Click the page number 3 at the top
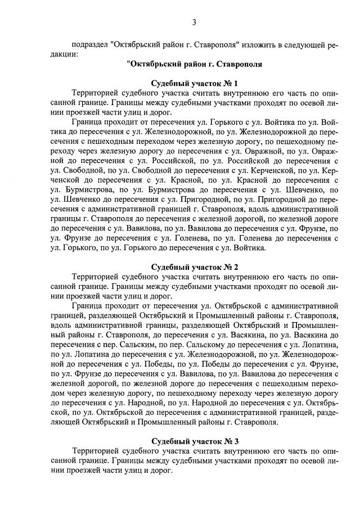pyautogui.click(x=194, y=22)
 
